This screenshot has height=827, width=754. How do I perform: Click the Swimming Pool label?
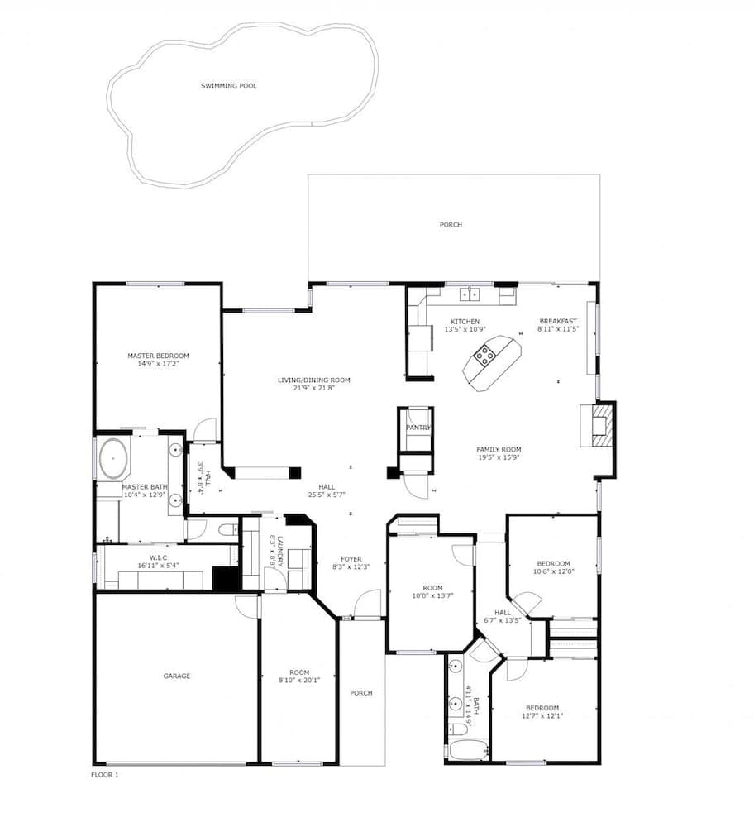[x=228, y=85]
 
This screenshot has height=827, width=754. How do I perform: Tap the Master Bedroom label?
[x=158, y=356]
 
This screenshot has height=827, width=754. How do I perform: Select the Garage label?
[x=176, y=676]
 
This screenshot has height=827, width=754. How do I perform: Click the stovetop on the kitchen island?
[x=484, y=357]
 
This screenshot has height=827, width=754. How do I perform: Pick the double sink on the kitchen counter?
[x=470, y=294]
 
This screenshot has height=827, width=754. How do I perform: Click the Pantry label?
[x=418, y=428]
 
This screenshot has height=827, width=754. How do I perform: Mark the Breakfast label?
[x=558, y=321]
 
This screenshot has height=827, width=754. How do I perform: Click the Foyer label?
[x=351, y=559]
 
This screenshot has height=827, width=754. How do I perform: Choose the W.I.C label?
[x=159, y=557]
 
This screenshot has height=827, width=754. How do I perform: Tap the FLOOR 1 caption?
[x=104, y=775]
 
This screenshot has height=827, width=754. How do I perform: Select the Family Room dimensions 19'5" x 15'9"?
[x=499, y=457]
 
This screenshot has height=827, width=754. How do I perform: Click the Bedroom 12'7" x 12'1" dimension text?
[x=542, y=716]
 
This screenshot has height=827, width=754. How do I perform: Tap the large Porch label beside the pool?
[x=451, y=225]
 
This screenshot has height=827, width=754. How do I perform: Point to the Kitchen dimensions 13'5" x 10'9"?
[x=464, y=328]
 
